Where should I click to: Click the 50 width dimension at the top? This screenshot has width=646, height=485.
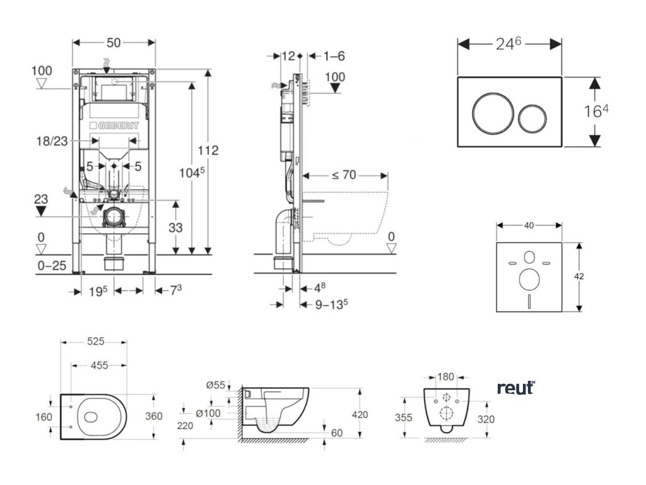114,42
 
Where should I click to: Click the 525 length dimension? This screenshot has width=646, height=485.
95,342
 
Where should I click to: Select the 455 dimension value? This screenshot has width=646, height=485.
98,365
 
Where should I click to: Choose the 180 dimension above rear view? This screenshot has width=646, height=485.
446,377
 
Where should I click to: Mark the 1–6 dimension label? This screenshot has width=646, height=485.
334,56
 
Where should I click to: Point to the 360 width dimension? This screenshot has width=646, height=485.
154,416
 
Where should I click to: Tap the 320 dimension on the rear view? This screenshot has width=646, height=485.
485,419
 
